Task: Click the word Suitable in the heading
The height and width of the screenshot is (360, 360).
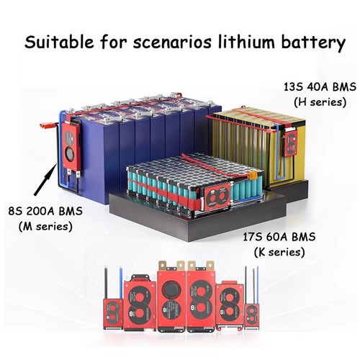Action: pyautogui.click(x=59, y=42)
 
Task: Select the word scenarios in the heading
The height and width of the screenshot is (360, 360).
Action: pyautogui.click(x=172, y=42)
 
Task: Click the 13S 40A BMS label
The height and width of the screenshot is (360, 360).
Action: pyautogui.click(x=320, y=87)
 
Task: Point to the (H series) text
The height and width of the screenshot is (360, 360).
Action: pyautogui.click(x=320, y=102)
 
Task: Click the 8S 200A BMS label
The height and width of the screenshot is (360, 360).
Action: pyautogui.click(x=45, y=211)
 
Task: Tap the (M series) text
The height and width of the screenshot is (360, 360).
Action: pyautogui.click(x=45, y=227)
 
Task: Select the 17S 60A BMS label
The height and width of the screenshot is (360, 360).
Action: pyautogui.click(x=279, y=237)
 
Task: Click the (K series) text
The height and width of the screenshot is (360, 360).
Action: pyautogui.click(x=279, y=253)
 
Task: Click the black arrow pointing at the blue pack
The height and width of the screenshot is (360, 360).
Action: pyautogui.click(x=45, y=179)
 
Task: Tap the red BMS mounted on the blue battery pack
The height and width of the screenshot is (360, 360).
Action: pyautogui.click(x=71, y=146)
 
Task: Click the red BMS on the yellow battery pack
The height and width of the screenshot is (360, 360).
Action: pyautogui.click(x=291, y=143)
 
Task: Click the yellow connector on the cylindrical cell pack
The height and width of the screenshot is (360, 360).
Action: pyautogui.click(x=252, y=176)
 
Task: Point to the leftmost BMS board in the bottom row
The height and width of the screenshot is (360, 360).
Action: pyautogui.click(x=113, y=313)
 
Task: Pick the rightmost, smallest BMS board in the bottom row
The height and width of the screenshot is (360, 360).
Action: pyautogui.click(x=252, y=316)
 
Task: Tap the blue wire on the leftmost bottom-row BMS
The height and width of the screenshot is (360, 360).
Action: pyautogui.click(x=121, y=283)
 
